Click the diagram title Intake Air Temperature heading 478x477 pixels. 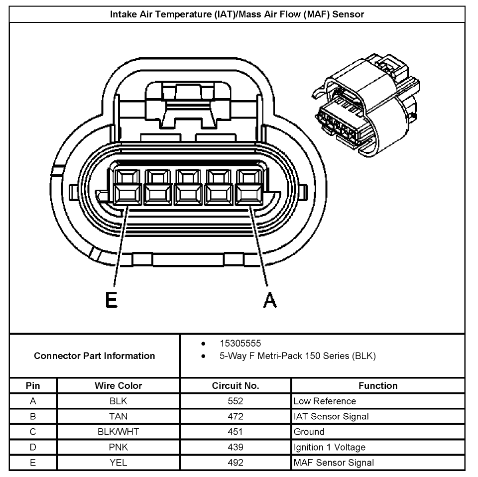pos(237,14)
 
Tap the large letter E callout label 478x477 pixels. pos(112,300)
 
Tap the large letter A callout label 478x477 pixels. pos(269,300)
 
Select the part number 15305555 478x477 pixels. pos(240,344)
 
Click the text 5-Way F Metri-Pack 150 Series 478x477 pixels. pos(297,356)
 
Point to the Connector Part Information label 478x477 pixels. pos(95,356)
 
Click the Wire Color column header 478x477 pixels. pos(119,386)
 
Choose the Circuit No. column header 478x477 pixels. pos(235,386)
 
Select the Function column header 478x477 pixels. pos(377,386)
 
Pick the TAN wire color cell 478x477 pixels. pos(119,416)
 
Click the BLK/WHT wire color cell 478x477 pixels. pos(119,432)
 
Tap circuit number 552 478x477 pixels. pos(235,401)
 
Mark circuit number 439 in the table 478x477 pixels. pos(235,447)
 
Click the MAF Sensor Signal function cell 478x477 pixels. pos(334,463)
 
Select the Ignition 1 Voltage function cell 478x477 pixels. pos(329,447)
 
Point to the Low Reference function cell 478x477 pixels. pos(325,401)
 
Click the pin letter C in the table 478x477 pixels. pos(33,432)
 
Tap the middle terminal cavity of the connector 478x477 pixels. pos(188,188)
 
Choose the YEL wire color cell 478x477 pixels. pos(119,463)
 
